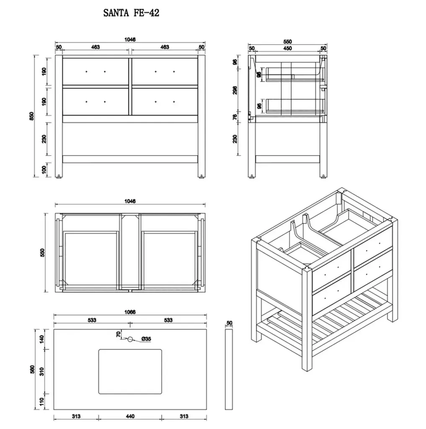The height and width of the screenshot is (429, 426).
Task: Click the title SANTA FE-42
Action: pyautogui.click(x=131, y=13)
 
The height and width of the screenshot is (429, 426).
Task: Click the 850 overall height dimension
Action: pyautogui.click(x=32, y=116)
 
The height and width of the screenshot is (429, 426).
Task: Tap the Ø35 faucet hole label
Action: pyautogui.click(x=146, y=339)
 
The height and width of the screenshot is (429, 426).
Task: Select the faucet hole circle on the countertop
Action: pyautogui.click(x=130, y=339)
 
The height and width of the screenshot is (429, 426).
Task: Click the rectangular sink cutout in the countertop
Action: pyautogui.click(x=130, y=372)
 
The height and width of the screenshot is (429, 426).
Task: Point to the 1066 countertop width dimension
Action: pyautogui.click(x=130, y=312)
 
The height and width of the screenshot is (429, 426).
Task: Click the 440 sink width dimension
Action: pyautogui.click(x=130, y=416)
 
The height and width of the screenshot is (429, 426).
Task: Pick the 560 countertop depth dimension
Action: pyautogui.click(x=32, y=370)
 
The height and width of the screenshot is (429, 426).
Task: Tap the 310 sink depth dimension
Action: pyautogui.click(x=41, y=372)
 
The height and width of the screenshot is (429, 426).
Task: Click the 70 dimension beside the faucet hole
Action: pyautogui.click(x=118, y=334)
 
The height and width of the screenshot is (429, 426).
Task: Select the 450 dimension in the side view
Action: pyautogui.click(x=287, y=48)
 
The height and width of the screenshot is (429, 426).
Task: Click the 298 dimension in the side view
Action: pyautogui.click(x=235, y=90)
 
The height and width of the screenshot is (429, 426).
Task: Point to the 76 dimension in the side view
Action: pyautogui.click(x=235, y=117)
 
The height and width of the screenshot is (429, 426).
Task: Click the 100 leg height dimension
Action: pyautogui.click(x=44, y=170)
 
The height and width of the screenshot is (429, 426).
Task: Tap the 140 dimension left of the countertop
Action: pyautogui.click(x=41, y=339)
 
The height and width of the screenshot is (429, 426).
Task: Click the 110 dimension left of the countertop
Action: pyautogui.click(x=41, y=402)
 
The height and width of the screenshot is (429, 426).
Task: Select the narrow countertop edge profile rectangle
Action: pyautogui.click(x=229, y=370)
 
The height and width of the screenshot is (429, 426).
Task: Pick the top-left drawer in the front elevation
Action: pyautogui.click(x=96, y=71)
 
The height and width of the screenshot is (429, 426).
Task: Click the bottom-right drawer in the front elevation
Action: pyautogui.click(x=165, y=102)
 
